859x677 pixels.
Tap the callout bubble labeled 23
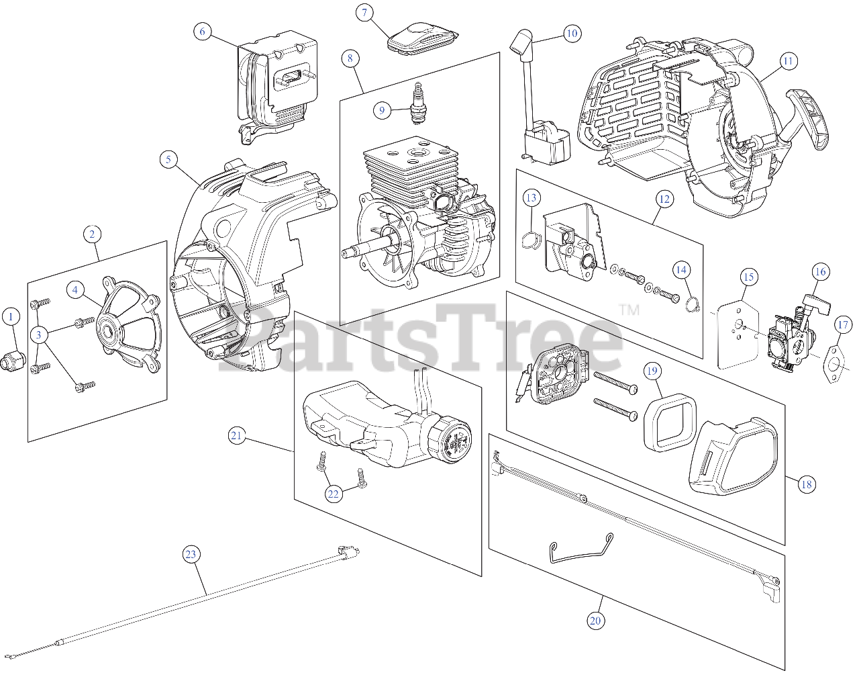tap(191, 554)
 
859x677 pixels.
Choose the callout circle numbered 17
tap(842, 325)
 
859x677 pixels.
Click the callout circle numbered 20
tap(595, 621)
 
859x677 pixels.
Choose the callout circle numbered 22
tap(334, 494)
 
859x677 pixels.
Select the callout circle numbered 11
tap(788, 61)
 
